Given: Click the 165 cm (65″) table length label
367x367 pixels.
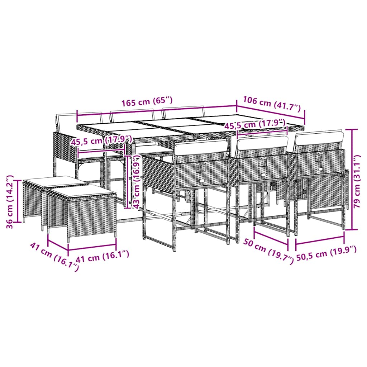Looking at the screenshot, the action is tap(147, 102).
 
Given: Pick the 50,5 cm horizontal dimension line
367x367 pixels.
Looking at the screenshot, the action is tap(320, 241).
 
